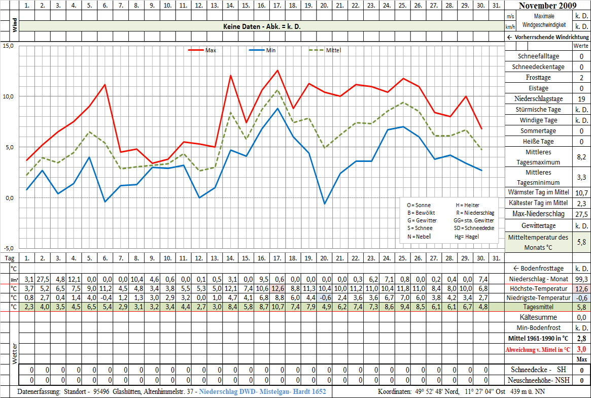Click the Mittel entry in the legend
click(x=333, y=50)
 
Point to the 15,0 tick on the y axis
click(x=8, y=46)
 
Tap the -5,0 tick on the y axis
click(x=8, y=248)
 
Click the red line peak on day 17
click(x=277, y=71)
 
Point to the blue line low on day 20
click(x=325, y=204)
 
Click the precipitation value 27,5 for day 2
click(x=43, y=279)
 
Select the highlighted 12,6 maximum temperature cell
click(x=277, y=288)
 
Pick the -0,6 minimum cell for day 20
click(x=325, y=298)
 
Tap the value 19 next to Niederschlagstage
click(x=581, y=99)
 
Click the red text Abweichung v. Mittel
click(x=538, y=349)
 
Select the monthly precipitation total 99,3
click(x=581, y=279)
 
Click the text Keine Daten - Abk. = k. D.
click(x=262, y=26)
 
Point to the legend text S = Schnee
click(x=419, y=228)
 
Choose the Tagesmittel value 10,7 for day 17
click(x=277, y=308)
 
